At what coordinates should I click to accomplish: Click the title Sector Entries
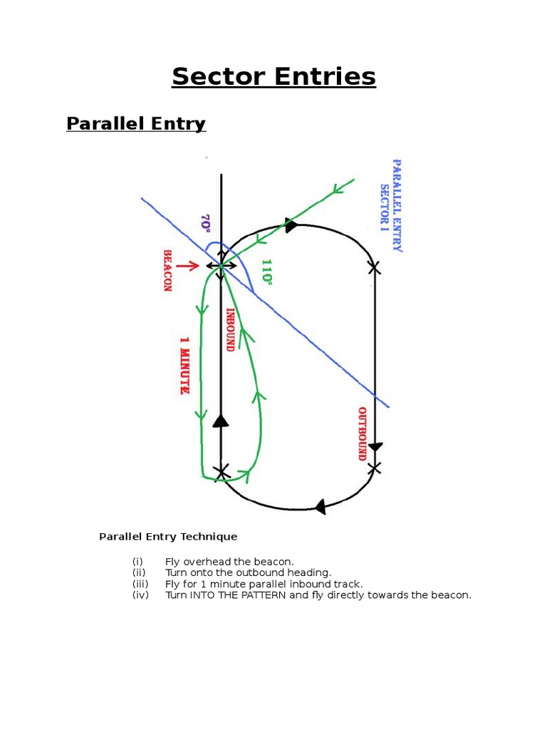coord(273,76)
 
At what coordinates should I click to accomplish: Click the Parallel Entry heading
coord(136,124)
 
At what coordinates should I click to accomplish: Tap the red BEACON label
coord(169,270)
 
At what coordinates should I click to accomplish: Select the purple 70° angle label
coord(206,222)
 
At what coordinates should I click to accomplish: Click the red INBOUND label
coord(230,329)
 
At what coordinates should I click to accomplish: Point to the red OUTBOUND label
coord(362,434)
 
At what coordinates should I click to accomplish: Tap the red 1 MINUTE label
coord(184,366)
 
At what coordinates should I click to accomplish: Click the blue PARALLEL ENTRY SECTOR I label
coord(391,205)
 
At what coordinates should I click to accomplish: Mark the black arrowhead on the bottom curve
coord(320,507)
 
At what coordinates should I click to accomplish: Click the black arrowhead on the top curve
coord(291,225)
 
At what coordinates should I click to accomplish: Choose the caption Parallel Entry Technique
coord(168,537)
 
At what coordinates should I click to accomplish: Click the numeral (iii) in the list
coord(140,584)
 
